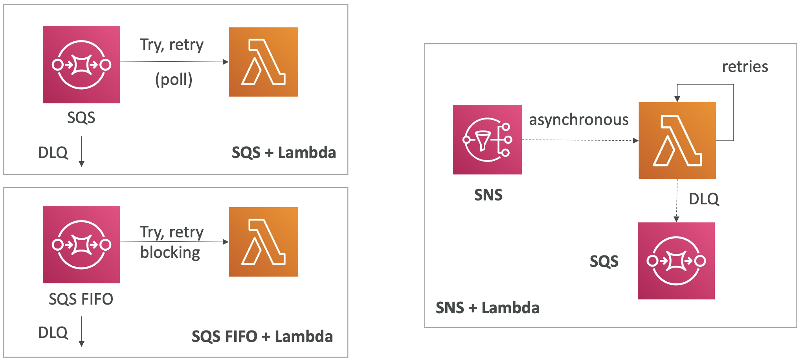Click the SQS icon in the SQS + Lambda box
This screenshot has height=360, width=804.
tap(81, 64)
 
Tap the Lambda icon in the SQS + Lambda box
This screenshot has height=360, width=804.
tap(263, 62)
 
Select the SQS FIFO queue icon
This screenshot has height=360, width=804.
tap(81, 244)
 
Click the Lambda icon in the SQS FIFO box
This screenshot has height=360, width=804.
tap(263, 242)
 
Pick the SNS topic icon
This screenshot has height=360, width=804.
tap(487, 140)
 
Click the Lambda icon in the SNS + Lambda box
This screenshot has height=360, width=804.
tap(677, 141)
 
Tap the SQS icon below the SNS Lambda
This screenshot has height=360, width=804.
tap(676, 261)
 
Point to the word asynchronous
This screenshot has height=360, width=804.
tap(578, 119)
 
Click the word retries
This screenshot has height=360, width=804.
tap(745, 66)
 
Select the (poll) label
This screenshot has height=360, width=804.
tap(174, 79)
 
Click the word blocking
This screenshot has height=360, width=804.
tap(170, 252)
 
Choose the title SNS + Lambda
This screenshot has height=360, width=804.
tap(487, 308)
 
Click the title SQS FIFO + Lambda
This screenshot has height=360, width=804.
tap(262, 336)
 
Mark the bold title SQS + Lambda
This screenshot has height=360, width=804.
tap(284, 152)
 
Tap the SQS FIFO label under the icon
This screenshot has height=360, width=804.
tap(81, 299)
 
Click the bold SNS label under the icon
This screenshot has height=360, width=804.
tap(488, 195)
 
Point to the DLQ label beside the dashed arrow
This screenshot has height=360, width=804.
tap(704, 199)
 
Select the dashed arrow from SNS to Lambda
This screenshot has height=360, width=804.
tap(580, 140)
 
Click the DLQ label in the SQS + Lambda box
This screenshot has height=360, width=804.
tap(53, 152)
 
